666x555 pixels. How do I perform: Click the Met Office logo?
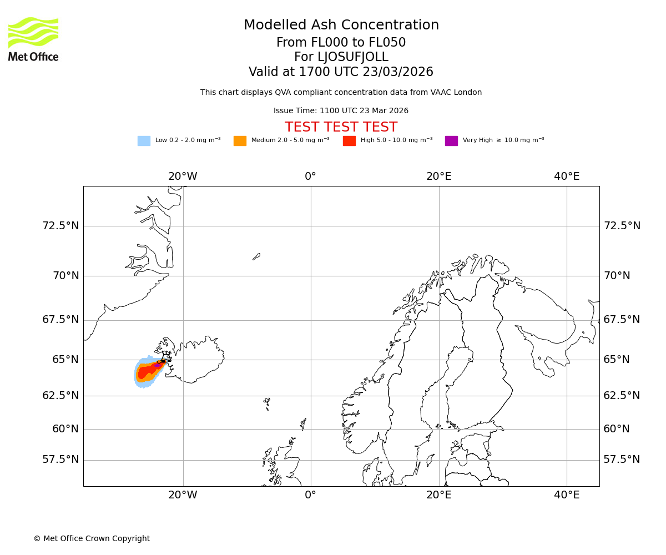click(x=33, y=39)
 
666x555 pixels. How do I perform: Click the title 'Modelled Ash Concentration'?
click(x=341, y=26)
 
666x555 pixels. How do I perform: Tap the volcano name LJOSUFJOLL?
click(x=341, y=57)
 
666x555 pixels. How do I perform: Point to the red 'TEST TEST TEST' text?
click(x=341, y=127)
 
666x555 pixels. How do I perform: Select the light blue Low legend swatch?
click(x=144, y=141)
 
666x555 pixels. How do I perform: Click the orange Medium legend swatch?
click(x=240, y=141)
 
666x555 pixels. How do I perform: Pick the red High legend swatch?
click(x=349, y=141)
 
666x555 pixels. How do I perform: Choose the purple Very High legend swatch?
click(x=451, y=141)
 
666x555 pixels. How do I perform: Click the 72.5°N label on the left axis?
click(x=60, y=226)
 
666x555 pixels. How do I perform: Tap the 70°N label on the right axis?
click(x=617, y=276)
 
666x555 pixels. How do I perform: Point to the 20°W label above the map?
click(x=183, y=176)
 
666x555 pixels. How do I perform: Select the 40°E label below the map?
click(x=567, y=495)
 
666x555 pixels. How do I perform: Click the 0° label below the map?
click(x=311, y=495)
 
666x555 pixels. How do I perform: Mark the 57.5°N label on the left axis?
click(x=60, y=460)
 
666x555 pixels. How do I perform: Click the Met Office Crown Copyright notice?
click(x=92, y=538)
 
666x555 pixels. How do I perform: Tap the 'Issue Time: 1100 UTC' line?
click(x=341, y=111)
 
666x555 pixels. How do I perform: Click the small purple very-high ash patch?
click(x=158, y=365)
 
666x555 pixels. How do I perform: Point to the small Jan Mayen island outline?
click(x=256, y=256)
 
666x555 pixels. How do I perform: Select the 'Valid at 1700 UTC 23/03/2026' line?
click(x=341, y=72)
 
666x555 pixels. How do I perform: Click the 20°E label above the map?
click(x=438, y=176)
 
